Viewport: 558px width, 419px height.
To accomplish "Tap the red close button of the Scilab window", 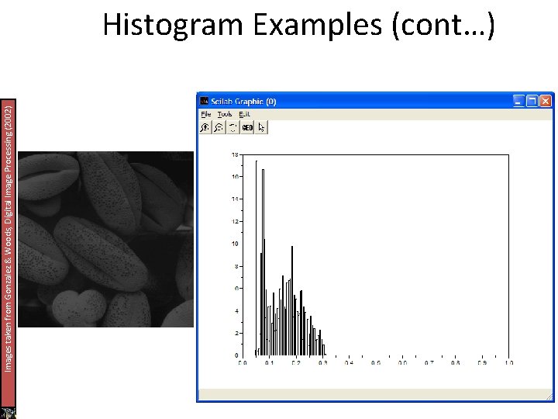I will point(546,101).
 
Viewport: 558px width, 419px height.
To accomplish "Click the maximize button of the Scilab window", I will point(532,101).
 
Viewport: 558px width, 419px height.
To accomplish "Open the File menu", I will point(205,114).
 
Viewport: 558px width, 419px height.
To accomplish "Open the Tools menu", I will point(225,114).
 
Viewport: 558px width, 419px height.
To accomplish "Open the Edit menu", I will point(244,114).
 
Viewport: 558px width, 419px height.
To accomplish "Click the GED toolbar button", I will point(247,127).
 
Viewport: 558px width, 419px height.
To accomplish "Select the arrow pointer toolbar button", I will point(261,127).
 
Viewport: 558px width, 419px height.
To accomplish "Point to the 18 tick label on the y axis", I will point(235,155).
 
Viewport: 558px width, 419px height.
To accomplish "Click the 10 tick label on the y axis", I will point(235,244).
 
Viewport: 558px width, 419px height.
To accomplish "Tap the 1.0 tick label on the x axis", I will point(508,362).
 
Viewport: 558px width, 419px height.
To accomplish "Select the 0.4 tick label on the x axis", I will point(349,362).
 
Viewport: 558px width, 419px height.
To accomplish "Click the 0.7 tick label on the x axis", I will point(429,362).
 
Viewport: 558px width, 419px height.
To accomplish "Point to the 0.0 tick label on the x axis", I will point(243,362).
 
